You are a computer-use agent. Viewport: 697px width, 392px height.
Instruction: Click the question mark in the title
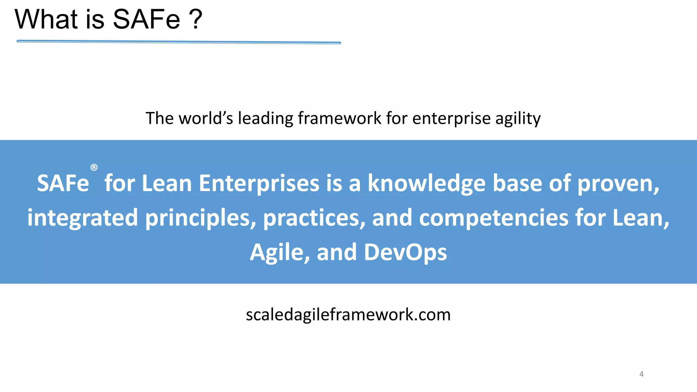[196, 19]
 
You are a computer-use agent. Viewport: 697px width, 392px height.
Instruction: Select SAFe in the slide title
[146, 19]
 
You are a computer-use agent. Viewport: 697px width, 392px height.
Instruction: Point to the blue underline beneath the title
[179, 42]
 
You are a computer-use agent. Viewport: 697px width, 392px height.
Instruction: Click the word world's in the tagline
[206, 118]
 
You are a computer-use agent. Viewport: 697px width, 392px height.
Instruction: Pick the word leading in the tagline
[265, 118]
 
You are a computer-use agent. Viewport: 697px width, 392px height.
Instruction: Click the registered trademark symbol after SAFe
[94, 167]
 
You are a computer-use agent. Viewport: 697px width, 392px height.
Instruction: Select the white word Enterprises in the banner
[259, 184]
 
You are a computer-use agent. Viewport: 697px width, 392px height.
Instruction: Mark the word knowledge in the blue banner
[426, 184]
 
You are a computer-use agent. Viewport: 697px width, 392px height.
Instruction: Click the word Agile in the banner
[279, 253]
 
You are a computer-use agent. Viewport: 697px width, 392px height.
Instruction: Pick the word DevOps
[405, 253]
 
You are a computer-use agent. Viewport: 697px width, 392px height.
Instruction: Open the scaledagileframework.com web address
[348, 315]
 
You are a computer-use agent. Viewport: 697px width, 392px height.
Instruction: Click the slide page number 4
[641, 374]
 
